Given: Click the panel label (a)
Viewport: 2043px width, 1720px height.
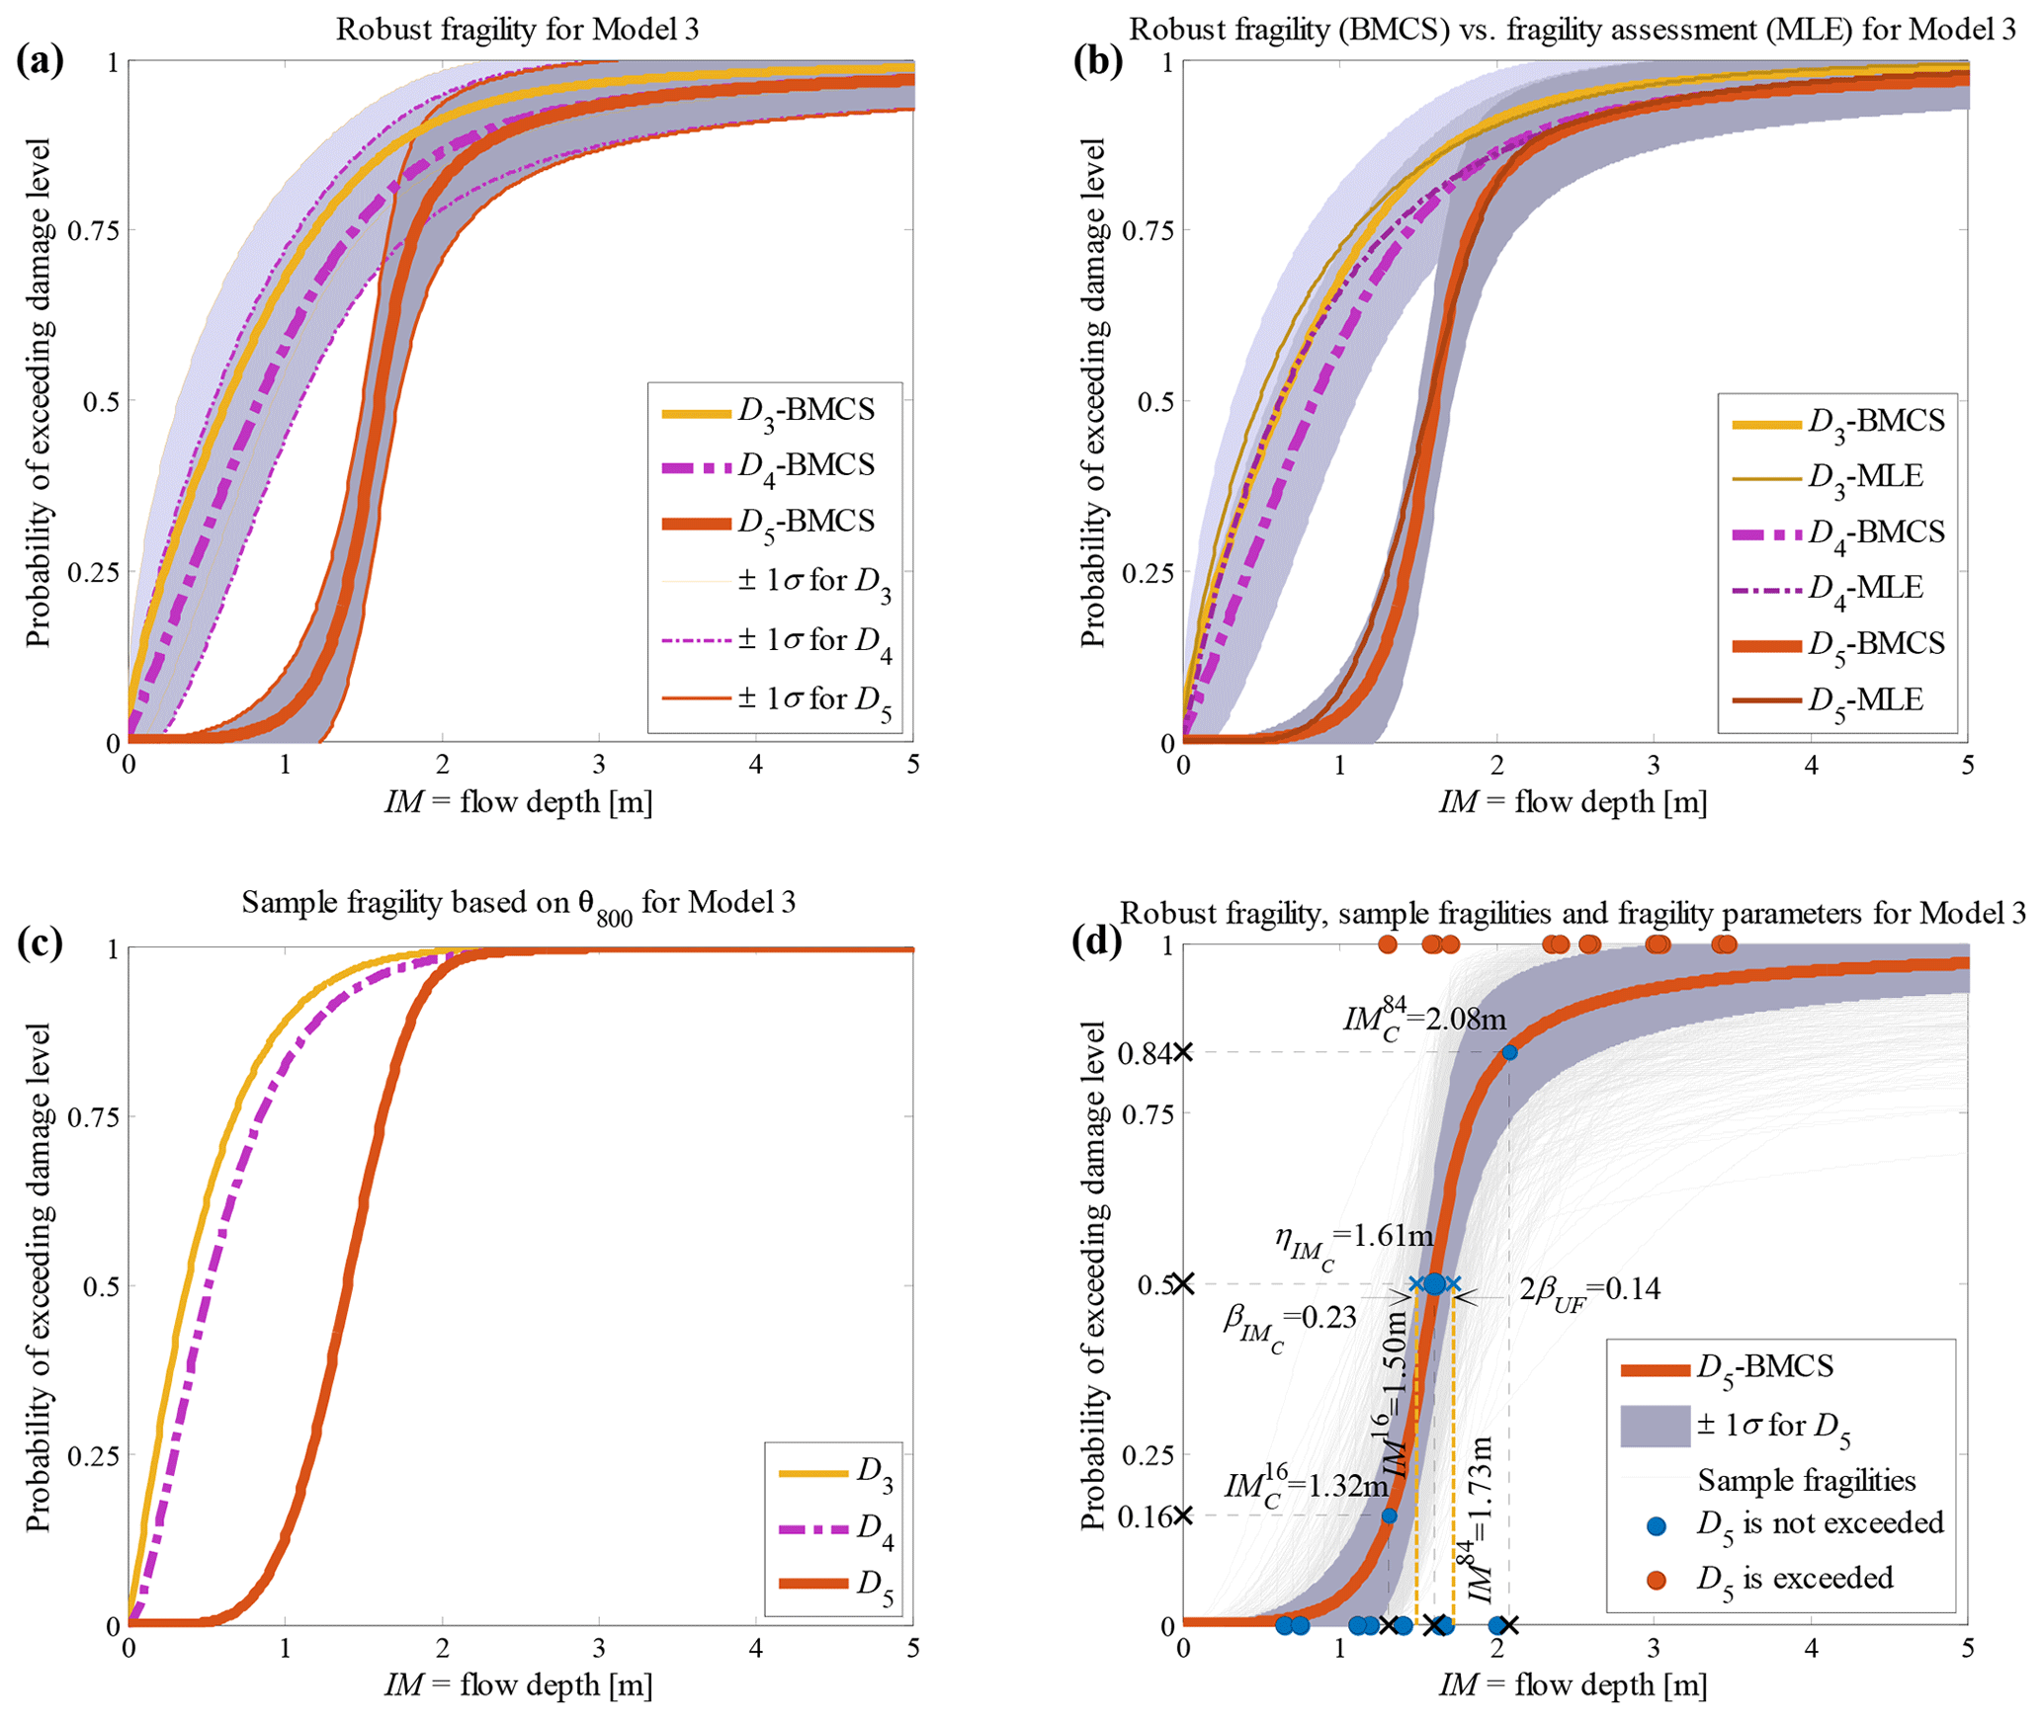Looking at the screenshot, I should tap(40, 61).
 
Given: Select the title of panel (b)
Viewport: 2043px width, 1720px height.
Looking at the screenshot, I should tap(1572, 30).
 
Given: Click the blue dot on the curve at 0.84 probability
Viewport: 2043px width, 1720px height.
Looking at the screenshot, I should tap(1509, 1052).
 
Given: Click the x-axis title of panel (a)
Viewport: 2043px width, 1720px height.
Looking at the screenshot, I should tap(519, 801).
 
